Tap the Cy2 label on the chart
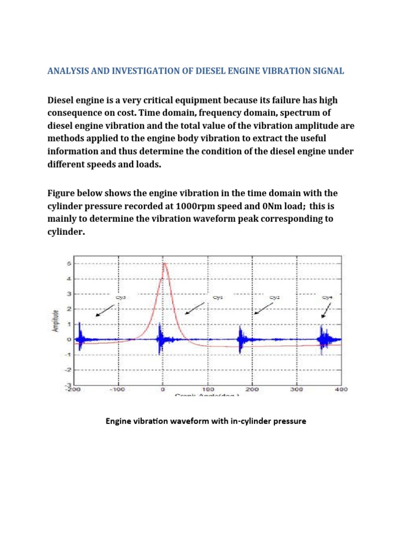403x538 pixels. click(274, 297)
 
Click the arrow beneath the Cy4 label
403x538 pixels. click(325, 312)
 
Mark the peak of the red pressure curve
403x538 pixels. click(165, 264)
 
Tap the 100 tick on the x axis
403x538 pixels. click(208, 390)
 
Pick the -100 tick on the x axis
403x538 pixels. click(118, 390)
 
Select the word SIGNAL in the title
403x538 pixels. click(327, 71)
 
